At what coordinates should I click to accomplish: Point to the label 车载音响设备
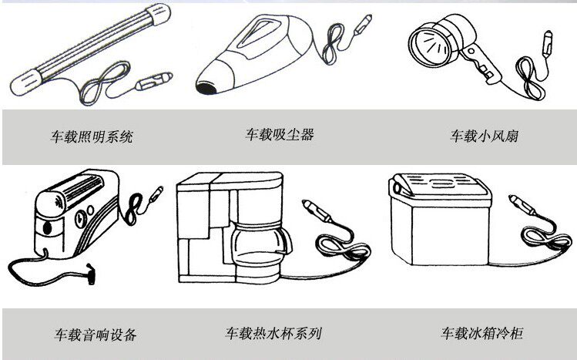96,335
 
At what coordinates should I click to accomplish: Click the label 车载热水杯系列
273,334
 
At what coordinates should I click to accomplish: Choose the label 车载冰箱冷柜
482,334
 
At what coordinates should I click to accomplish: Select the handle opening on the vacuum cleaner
267,35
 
